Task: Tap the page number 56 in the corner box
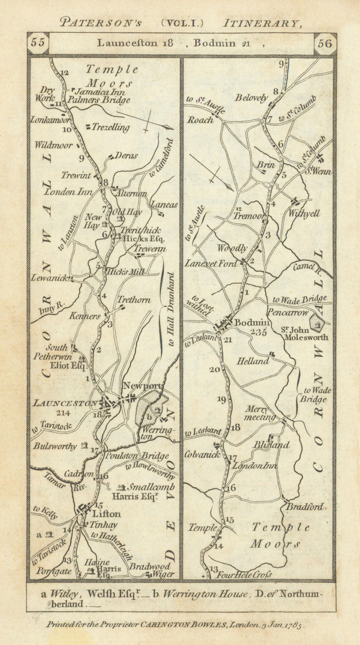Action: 325,43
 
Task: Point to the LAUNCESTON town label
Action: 65,403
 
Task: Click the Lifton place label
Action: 106,514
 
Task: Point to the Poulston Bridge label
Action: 137,456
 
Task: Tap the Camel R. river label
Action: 306,267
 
